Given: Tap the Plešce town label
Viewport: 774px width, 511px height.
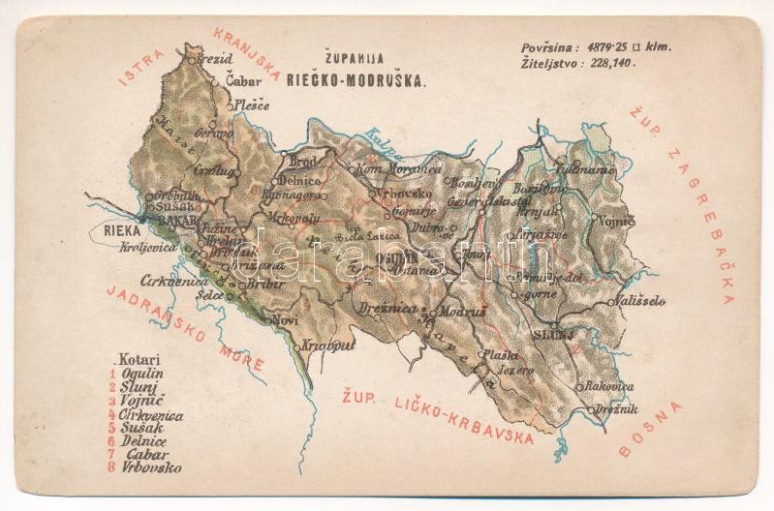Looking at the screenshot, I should coord(249,105).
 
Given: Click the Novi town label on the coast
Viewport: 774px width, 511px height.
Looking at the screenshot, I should coord(285,318).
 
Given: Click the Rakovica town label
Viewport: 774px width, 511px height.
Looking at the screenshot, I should coord(609,386).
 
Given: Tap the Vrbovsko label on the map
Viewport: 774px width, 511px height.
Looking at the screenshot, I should coord(404,193).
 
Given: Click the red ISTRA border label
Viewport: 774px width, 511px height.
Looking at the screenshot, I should coord(136,71).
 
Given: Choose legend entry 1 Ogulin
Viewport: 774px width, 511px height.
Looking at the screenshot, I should coord(141,374).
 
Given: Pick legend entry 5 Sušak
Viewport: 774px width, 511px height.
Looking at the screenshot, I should coord(141,428).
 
